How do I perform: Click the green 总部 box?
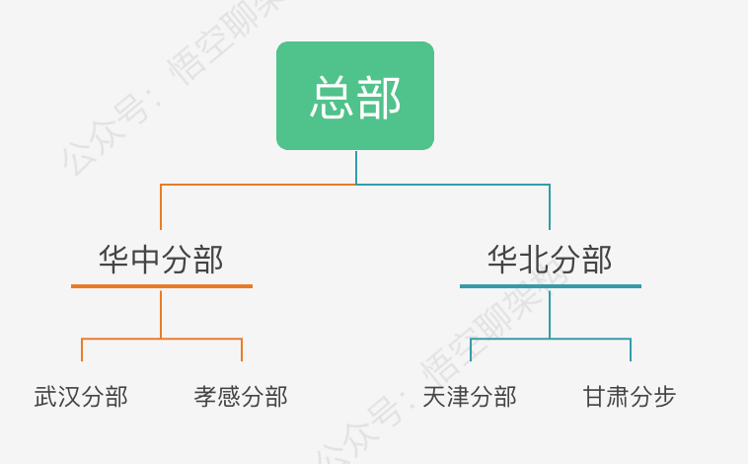pyautogui.click(x=355, y=96)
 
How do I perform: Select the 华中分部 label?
pyautogui.click(x=161, y=260)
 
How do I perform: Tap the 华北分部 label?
pyautogui.click(x=550, y=260)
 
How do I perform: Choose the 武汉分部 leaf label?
pyautogui.click(x=81, y=397)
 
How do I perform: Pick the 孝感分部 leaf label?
pyautogui.click(x=241, y=397)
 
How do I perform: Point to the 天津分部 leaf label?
pyautogui.click(x=470, y=397)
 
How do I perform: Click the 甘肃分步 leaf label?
pyautogui.click(x=630, y=397)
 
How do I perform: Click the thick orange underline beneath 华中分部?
pyautogui.click(x=162, y=286)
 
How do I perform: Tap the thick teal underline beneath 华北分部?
pyautogui.click(x=551, y=286)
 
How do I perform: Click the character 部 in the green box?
pyautogui.click(x=379, y=97)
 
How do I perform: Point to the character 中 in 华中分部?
pyautogui.click(x=145, y=260)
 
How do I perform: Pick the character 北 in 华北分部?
pyautogui.click(x=534, y=260)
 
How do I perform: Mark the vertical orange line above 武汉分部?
pyautogui.click(x=82, y=349)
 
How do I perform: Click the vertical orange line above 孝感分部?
pyautogui.click(x=242, y=349)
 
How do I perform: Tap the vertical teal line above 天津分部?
pyautogui.click(x=471, y=349)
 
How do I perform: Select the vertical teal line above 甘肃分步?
pyautogui.click(x=631, y=349)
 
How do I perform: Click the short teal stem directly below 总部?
pyautogui.click(x=356, y=167)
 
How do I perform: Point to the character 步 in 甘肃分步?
pyautogui.click(x=665, y=397)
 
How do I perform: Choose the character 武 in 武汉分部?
pyautogui.click(x=45, y=397)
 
